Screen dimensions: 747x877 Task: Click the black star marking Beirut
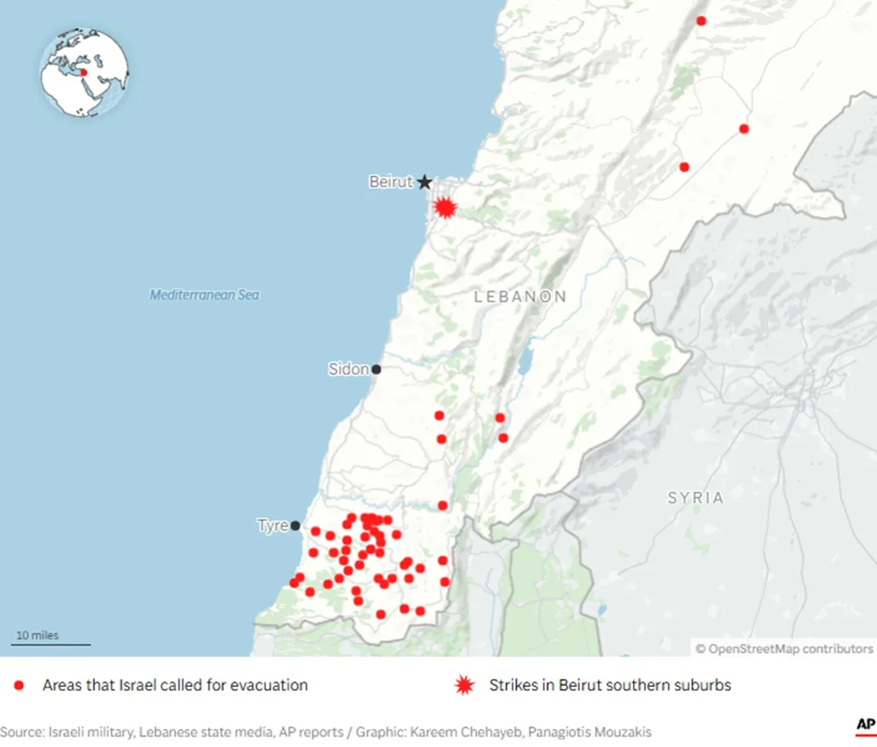[x=425, y=182]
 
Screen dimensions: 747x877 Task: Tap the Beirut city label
[x=391, y=182]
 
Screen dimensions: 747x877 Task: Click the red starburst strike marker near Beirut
[x=444, y=208]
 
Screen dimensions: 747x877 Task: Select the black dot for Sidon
[x=376, y=369]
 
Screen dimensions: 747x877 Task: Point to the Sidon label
[x=349, y=369]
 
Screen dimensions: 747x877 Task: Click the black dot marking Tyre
[x=295, y=526]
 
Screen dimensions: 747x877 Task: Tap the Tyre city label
[x=273, y=526]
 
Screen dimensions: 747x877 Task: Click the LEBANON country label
[x=520, y=297]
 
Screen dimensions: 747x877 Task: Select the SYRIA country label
[x=695, y=498]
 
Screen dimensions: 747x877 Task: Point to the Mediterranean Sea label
[x=205, y=295]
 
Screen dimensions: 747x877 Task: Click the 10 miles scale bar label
[x=37, y=635]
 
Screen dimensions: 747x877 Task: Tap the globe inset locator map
[x=84, y=72]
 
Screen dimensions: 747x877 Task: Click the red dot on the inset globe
[x=83, y=72]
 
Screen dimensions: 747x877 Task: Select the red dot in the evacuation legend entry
[x=19, y=686]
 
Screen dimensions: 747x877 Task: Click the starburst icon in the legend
[x=464, y=686]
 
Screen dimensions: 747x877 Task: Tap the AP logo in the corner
[x=865, y=724]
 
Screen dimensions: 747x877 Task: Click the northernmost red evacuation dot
[x=701, y=21]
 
